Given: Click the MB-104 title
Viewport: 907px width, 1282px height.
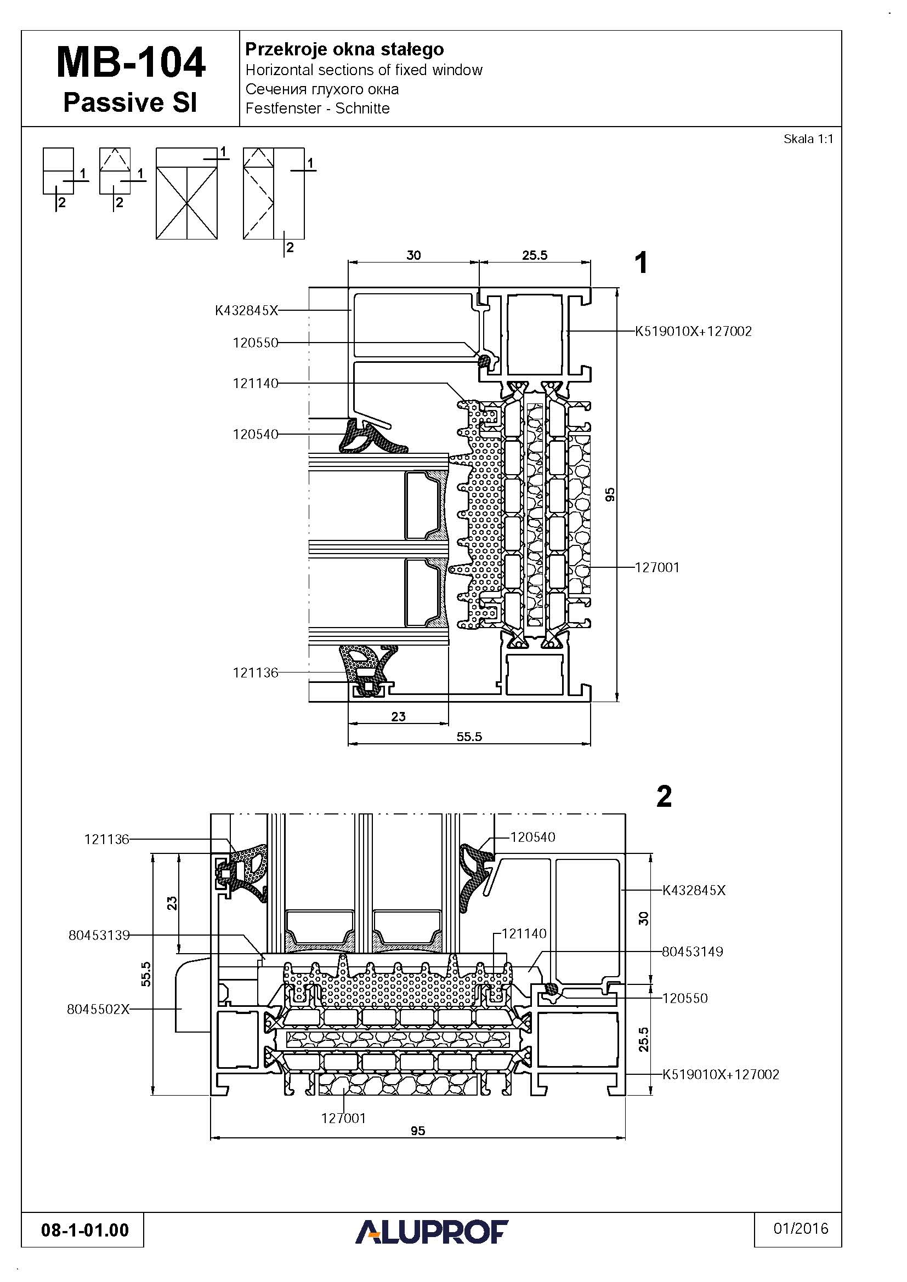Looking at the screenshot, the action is coord(131,62).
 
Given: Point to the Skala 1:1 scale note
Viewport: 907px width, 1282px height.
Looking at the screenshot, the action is coord(808,139).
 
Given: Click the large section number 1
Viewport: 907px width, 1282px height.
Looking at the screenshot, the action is coord(642,263).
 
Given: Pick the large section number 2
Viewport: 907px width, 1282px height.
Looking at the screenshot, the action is coord(664,796).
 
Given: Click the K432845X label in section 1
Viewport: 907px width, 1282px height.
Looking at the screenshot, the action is coord(246,310).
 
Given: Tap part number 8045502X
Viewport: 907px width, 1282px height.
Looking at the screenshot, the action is coord(98,1009).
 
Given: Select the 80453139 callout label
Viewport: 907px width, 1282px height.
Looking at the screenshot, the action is coord(99,935).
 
